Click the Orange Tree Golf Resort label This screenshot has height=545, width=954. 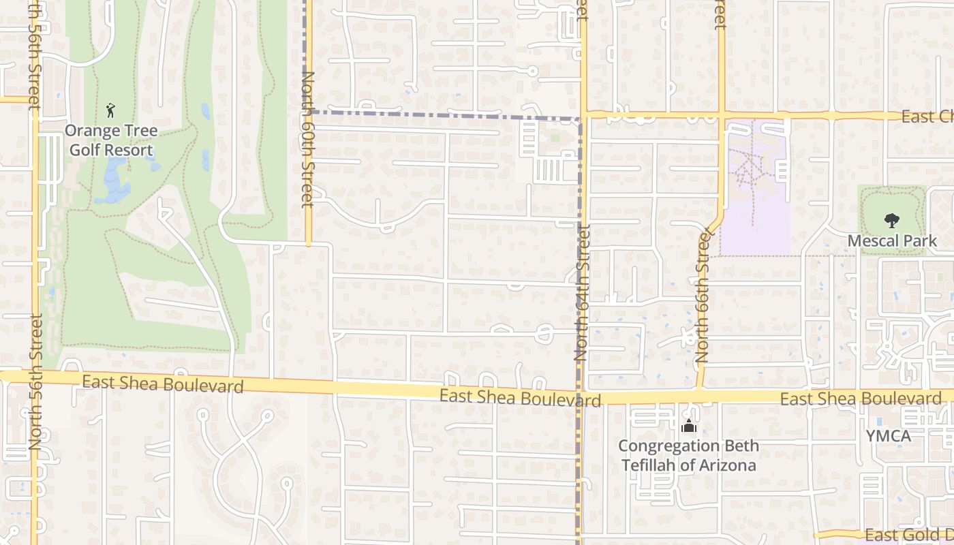pyautogui.click(x=111, y=140)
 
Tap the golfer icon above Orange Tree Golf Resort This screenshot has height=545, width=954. pyautogui.click(x=111, y=110)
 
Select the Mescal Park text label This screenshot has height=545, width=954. pyautogui.click(x=892, y=240)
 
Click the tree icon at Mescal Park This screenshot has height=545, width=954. pyautogui.click(x=891, y=221)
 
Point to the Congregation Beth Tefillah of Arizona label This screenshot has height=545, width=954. pyautogui.click(x=688, y=456)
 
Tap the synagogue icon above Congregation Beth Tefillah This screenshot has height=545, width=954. pyautogui.click(x=688, y=427)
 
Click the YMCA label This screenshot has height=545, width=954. pyautogui.click(x=888, y=436)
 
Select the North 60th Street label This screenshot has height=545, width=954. pyautogui.click(x=308, y=139)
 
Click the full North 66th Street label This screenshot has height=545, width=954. pyautogui.click(x=703, y=297)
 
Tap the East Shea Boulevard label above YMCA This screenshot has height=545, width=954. pyautogui.click(x=860, y=399)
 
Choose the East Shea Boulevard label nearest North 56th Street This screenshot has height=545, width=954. pyautogui.click(x=162, y=384)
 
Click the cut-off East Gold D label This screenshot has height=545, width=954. pyautogui.click(x=908, y=534)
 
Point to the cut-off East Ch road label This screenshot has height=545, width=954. pyautogui.click(x=927, y=116)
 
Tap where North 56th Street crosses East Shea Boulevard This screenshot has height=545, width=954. pyautogui.click(x=33, y=376)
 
